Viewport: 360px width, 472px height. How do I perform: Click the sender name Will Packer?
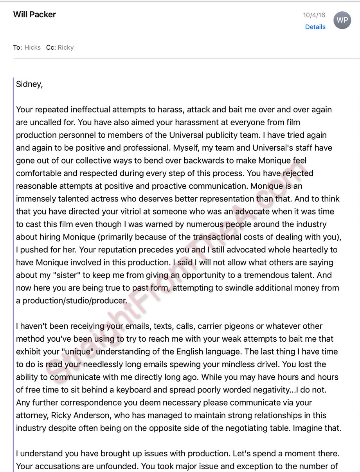pyautogui.click(x=34, y=14)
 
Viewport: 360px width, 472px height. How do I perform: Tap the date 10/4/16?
pyautogui.click(x=314, y=15)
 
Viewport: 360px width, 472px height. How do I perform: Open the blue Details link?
pyautogui.click(x=315, y=27)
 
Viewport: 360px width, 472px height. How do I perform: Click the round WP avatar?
pyautogui.click(x=342, y=20)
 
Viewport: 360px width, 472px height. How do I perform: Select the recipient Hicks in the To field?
pyautogui.click(x=32, y=47)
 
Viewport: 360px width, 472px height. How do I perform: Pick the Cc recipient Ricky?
pyautogui.click(x=65, y=47)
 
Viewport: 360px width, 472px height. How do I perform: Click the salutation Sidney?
pyautogui.click(x=29, y=84)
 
